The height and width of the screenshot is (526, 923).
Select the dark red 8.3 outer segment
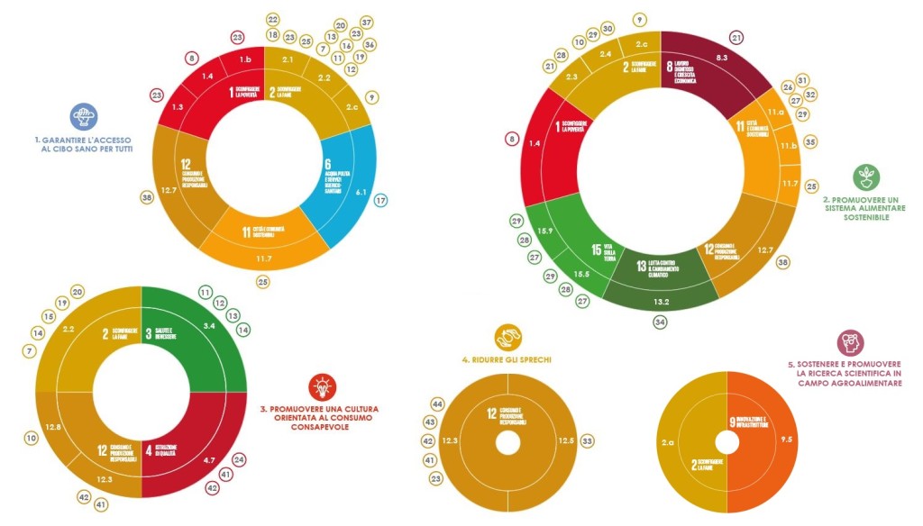point(721,58)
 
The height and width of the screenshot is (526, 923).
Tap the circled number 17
point(380,201)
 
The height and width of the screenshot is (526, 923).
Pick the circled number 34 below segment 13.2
point(661,322)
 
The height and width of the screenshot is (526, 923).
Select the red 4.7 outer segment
point(209,460)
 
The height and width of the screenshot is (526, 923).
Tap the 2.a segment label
point(669,442)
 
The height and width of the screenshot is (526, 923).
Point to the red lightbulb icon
point(321,386)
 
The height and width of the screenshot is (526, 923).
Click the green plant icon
point(866,177)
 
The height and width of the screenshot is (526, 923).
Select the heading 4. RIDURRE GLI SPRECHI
point(507,359)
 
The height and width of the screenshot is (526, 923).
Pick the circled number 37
point(366,22)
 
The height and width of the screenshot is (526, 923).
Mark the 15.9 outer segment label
point(544,231)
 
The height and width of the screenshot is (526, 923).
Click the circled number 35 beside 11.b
point(810,141)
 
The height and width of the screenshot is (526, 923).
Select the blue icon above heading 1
point(84,116)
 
